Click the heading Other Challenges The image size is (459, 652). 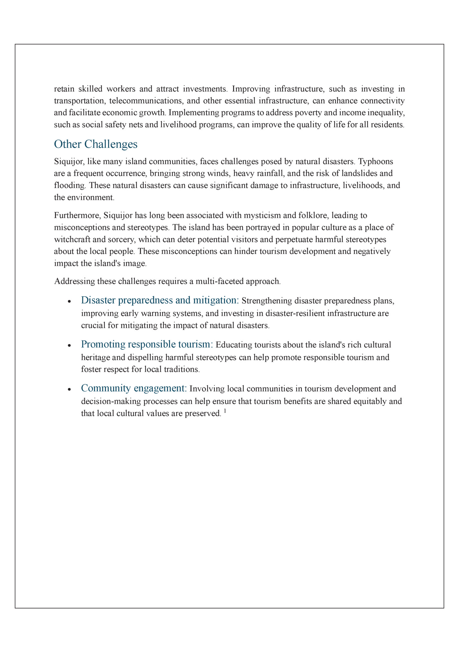95,144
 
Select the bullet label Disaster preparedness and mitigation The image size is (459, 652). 160,300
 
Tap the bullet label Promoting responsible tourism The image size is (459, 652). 147,344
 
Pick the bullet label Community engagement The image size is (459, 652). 134,388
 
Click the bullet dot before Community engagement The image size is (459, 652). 69,389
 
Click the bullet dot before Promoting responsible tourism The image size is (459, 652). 69,345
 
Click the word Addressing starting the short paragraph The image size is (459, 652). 74,281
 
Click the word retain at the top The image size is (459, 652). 64,89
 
